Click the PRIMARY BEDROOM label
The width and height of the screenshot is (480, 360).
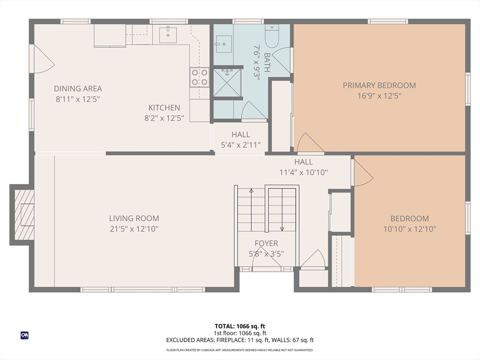379,85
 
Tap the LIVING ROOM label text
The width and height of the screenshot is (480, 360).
134,218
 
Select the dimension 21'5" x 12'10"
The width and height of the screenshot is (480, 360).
134,229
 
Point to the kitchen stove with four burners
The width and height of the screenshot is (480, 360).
199,78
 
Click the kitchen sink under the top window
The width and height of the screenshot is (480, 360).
168,35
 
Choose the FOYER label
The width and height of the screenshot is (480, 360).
266,243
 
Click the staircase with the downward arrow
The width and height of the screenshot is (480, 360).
282,209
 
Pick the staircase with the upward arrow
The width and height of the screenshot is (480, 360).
251,209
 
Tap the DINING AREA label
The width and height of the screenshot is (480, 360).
78,89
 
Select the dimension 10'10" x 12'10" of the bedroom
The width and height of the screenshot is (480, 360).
410,229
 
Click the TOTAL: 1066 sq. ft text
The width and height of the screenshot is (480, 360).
240,326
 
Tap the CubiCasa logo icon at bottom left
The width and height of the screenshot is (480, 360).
24,335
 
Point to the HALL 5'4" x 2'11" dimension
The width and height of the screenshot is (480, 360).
240,145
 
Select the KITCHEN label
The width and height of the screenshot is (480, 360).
164,108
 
